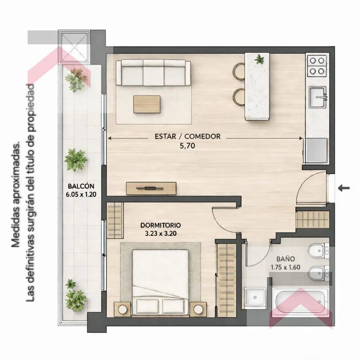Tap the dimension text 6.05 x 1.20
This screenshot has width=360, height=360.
tap(81, 194)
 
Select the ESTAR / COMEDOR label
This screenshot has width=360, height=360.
tap(188, 136)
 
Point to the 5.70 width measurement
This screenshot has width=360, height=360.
tap(187, 146)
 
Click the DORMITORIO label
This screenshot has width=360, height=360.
tap(160, 225)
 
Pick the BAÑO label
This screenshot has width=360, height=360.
tap(285, 259)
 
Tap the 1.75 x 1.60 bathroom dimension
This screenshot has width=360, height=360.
tap(285, 268)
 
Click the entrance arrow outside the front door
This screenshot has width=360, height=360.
tap(344, 188)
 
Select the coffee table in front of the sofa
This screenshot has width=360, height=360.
tap(147, 104)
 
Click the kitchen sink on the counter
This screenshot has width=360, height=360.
tap(317, 97)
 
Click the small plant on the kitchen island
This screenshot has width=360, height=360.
tap(259, 59)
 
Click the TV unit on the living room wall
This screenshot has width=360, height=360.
tap(151, 188)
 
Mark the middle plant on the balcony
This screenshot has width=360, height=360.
tap(76, 160)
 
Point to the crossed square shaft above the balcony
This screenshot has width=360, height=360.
tap(74, 47)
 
